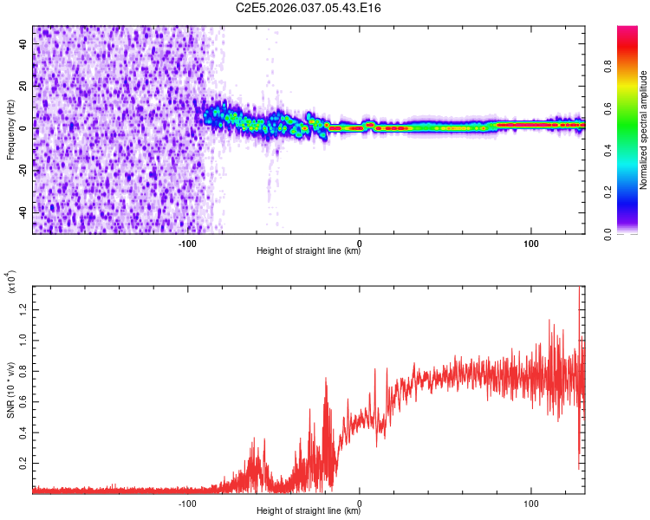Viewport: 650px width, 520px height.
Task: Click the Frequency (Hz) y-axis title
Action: tap(10, 130)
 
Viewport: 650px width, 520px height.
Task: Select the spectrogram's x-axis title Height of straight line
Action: tap(309, 252)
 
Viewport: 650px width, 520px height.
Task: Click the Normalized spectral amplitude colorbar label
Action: tap(644, 130)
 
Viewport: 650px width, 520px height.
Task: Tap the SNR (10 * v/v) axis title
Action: tap(11, 391)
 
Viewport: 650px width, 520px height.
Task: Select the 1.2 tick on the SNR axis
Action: tap(23, 309)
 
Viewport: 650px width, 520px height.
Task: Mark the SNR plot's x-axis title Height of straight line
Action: tap(309, 511)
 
